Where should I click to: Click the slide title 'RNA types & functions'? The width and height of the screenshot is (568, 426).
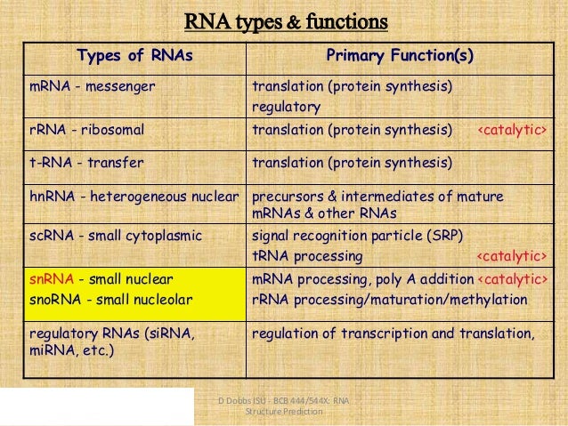pyautogui.click(x=285, y=20)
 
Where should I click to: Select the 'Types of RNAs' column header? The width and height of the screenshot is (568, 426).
pyautogui.click(x=135, y=57)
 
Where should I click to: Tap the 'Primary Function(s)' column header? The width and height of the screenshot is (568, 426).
pyautogui.click(x=400, y=57)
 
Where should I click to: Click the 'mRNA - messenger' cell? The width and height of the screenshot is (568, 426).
pyautogui.click(x=88, y=86)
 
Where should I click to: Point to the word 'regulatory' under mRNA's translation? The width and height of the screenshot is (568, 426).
pyautogui.click(x=286, y=107)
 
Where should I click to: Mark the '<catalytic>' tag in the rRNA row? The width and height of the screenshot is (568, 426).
pyautogui.click(x=513, y=131)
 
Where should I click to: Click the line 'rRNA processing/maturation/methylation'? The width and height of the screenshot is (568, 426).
pyautogui.click(x=390, y=300)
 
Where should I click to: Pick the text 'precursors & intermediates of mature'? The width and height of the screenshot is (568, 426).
pyautogui.click(x=378, y=197)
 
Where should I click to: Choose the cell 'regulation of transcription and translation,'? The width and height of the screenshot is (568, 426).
pyautogui.click(x=394, y=334)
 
